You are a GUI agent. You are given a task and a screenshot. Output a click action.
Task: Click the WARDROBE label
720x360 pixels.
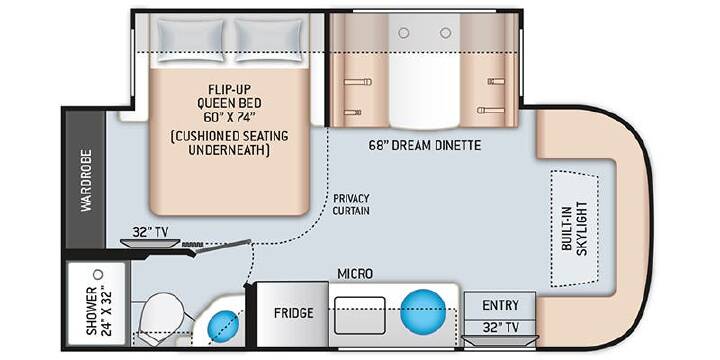pos(86,180)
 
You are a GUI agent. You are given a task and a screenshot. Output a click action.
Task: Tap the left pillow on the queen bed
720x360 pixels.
pos(190,40)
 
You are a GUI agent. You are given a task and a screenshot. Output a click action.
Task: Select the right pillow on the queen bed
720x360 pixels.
pos(269,40)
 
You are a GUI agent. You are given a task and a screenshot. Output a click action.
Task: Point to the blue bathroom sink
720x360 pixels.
pos(224,326)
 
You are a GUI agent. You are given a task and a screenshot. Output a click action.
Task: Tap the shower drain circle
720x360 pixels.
pos(98,275)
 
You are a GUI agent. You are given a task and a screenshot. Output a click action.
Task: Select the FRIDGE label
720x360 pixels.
pos(294,313)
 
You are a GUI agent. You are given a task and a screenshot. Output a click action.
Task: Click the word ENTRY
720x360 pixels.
pos(501,305)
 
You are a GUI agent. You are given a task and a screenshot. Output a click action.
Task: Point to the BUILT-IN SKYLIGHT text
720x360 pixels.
pos(575,228)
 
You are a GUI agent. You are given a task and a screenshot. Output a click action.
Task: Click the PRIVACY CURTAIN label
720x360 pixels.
pos(351,204)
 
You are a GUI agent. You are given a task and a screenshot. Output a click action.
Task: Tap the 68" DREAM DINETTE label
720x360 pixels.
pos(425,146)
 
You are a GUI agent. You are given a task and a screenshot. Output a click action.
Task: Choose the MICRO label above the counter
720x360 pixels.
pos(355,274)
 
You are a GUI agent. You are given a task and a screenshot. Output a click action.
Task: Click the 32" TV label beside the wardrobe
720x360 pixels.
pos(150,232)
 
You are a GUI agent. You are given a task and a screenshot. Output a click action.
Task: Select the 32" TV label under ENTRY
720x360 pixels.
pos(501,327)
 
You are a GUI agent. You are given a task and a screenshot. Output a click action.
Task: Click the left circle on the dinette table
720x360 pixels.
pos(404,33)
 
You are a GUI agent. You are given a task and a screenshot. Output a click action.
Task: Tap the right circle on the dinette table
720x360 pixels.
pos(445,33)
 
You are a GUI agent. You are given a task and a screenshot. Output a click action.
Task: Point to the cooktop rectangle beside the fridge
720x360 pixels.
pos(360,315)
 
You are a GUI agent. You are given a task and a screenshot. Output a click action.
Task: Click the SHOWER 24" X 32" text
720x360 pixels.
pos(98,311)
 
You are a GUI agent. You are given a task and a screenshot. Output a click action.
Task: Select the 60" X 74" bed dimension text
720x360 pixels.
pos(229,117)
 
